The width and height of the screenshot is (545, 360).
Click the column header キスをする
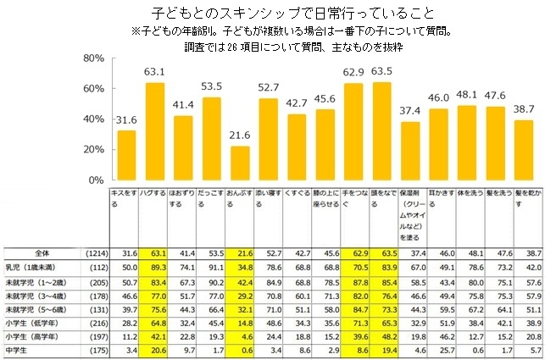pyautogui.click(x=125, y=196)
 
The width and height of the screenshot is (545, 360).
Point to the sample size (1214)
pyautogui.click(x=97, y=252)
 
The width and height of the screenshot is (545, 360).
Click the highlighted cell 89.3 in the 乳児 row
pyautogui.click(x=155, y=266)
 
